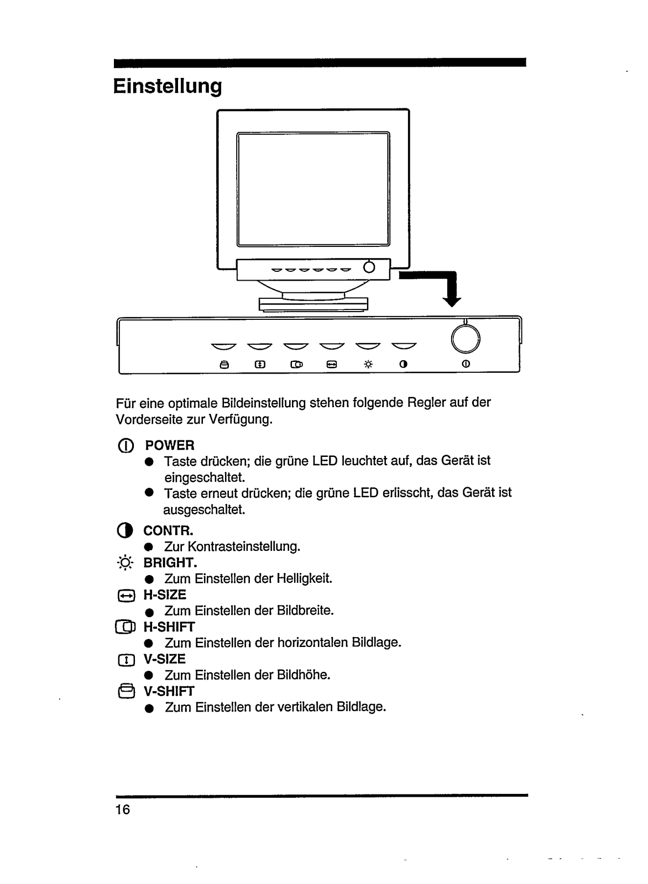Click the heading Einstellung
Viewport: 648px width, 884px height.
[168, 87]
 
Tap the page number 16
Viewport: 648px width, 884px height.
[123, 810]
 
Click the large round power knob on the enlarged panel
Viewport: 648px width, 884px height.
[466, 338]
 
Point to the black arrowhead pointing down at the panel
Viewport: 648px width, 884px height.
[453, 301]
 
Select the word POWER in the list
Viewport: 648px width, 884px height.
[169, 445]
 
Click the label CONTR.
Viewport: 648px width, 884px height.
[168, 531]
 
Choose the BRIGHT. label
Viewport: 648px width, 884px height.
[170, 563]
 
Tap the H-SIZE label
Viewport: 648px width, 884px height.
[165, 595]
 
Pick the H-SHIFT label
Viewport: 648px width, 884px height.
[169, 627]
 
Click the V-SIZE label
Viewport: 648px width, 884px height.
[164, 659]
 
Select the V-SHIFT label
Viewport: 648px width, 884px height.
[169, 691]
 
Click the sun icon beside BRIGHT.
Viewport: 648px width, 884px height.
[126, 564]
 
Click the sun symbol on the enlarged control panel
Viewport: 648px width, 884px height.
[368, 365]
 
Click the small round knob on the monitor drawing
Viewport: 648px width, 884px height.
[369, 267]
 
